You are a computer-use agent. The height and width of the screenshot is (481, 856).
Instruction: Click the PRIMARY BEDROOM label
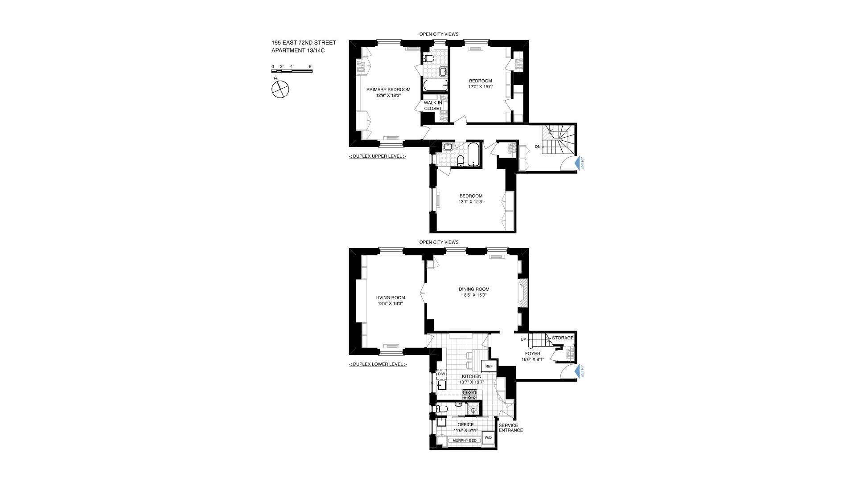(x=388, y=90)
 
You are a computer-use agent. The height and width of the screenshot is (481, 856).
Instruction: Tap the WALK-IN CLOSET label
(x=433, y=106)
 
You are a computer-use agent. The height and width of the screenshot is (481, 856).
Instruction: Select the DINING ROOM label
(x=474, y=289)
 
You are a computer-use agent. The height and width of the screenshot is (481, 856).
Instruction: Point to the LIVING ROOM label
(x=390, y=298)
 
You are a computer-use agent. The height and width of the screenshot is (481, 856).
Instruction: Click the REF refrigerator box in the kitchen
(x=489, y=367)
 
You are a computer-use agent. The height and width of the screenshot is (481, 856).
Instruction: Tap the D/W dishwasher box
(x=441, y=374)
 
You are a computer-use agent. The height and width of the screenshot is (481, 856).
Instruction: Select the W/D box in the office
(x=488, y=437)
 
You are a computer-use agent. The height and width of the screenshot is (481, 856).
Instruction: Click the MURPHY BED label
(x=465, y=440)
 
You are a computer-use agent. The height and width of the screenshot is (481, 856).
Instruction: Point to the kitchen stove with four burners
(x=470, y=394)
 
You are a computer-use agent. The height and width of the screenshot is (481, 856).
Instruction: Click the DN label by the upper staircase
(x=538, y=147)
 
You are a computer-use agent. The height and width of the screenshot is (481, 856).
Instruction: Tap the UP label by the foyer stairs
(x=523, y=339)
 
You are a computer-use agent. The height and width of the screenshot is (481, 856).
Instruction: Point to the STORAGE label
(x=563, y=338)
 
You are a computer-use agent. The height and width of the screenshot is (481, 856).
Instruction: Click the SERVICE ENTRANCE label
(x=511, y=428)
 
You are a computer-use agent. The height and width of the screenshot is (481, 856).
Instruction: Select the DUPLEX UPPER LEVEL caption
(x=377, y=156)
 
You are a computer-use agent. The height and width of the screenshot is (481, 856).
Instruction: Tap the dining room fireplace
(x=523, y=293)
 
